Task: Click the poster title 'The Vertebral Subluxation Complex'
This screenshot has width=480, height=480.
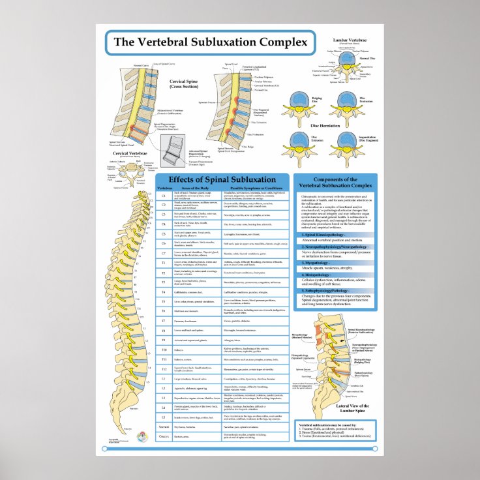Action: point(210,42)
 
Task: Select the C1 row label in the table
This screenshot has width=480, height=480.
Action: point(164,195)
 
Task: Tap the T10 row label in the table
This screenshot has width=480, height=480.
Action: point(164,350)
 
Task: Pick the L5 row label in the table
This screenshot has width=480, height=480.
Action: point(164,415)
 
